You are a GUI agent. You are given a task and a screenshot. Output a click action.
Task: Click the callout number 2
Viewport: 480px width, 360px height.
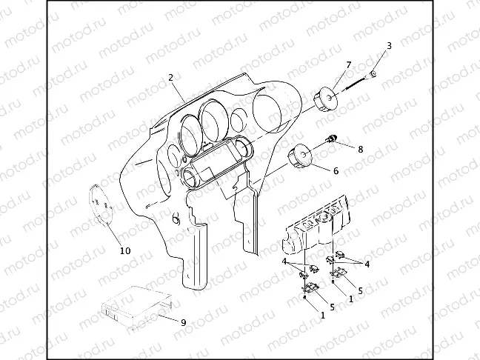point(171,78)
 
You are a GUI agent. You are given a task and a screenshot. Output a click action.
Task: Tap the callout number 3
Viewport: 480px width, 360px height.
point(389,46)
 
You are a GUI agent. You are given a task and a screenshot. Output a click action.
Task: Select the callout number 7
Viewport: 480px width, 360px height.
point(349,65)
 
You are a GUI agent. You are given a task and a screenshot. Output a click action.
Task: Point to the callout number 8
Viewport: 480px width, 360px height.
point(360,150)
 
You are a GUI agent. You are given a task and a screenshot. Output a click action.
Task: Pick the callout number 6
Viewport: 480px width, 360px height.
point(336,171)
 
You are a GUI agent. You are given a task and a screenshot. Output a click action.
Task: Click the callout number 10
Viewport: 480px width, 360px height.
point(125,251)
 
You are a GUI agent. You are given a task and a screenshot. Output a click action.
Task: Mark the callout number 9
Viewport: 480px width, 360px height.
point(184,323)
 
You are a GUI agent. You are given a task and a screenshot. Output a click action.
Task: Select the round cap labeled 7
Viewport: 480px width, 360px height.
point(325,99)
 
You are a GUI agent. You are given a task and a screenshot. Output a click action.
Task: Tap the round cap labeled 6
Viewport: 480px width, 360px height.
point(300,157)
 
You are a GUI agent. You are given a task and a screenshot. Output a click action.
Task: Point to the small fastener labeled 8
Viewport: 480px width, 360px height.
point(331,139)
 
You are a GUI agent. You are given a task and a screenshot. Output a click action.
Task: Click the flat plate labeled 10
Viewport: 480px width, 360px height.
point(101,204)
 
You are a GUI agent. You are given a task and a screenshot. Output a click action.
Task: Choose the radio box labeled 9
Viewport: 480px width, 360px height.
point(136,308)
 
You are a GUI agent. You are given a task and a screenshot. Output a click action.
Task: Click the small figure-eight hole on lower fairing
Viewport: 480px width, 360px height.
point(176,219)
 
